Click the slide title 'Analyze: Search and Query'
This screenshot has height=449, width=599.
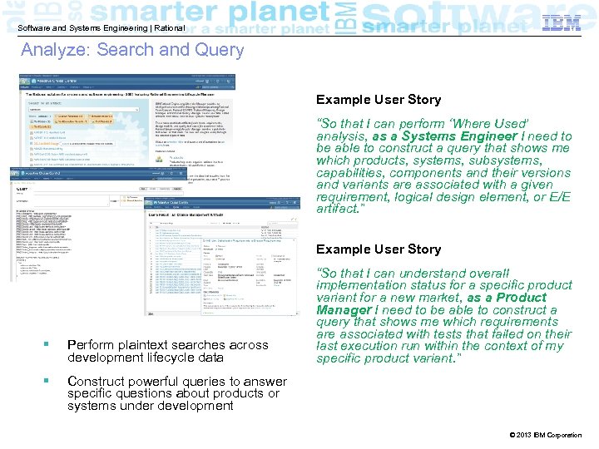[x=132, y=50]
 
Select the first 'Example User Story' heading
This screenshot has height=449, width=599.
[x=379, y=100]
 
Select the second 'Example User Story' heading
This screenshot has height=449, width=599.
[x=379, y=249]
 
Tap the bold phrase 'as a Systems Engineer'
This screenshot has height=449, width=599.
[x=445, y=136]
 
